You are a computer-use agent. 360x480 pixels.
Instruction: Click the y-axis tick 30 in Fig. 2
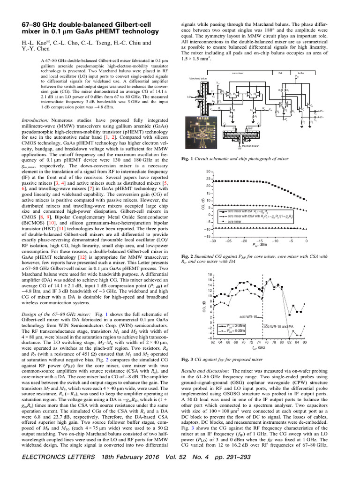click(209, 172)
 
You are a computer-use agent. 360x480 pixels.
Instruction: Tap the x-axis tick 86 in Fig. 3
click(305, 343)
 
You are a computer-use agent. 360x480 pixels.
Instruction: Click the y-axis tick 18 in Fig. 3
click(210, 274)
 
